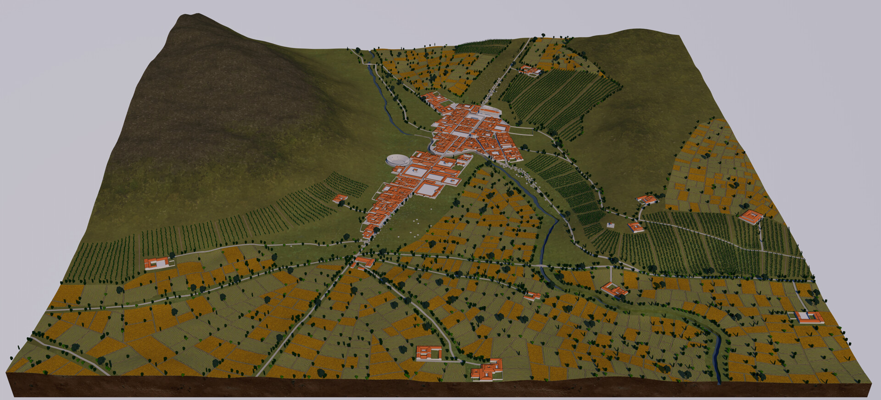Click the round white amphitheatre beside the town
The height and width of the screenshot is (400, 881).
click(x=397, y=161)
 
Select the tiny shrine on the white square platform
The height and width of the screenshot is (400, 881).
click(x=610, y=225)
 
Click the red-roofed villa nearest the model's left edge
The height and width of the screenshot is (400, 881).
click(x=156, y=263)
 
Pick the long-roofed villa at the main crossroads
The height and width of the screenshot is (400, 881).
click(x=364, y=262)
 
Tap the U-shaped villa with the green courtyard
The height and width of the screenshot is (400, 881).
click(x=429, y=353)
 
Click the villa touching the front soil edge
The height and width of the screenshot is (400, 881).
click(x=487, y=371)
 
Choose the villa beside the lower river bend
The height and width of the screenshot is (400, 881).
click(x=614, y=289)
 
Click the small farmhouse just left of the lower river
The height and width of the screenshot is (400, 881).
click(x=532, y=296)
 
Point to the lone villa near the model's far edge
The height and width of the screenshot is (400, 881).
click(x=530, y=70)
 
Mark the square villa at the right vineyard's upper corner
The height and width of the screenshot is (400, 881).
click(x=751, y=216)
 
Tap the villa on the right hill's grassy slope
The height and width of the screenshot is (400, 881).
click(x=647, y=199)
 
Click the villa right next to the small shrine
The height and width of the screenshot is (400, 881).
click(x=635, y=227)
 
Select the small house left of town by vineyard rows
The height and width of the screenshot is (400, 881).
click(x=340, y=199)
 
